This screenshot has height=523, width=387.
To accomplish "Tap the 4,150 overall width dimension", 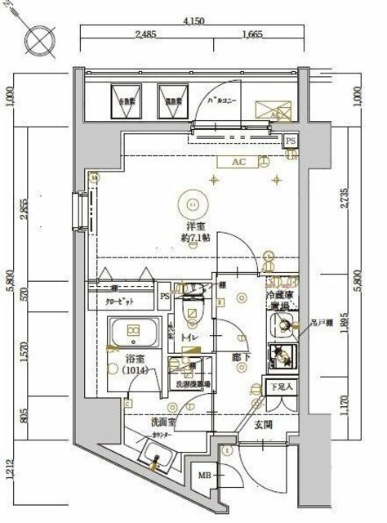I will [193, 20].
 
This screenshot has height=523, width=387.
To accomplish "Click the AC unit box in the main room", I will [238, 163].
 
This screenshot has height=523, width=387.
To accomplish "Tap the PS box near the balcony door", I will [291, 142].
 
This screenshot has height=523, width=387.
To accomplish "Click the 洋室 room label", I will [193, 226].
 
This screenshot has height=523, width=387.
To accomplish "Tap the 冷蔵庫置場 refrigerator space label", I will [282, 298].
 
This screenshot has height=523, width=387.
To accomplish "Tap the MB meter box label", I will [202, 475].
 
